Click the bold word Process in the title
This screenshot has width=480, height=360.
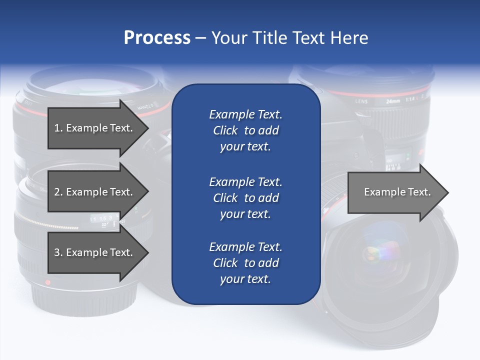(x=157, y=38)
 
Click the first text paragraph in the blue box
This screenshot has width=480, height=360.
(x=245, y=130)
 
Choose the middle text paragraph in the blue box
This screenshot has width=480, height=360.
(x=245, y=198)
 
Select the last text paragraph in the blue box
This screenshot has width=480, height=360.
(x=245, y=263)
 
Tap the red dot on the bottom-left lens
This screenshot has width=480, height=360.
(x=48, y=282)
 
